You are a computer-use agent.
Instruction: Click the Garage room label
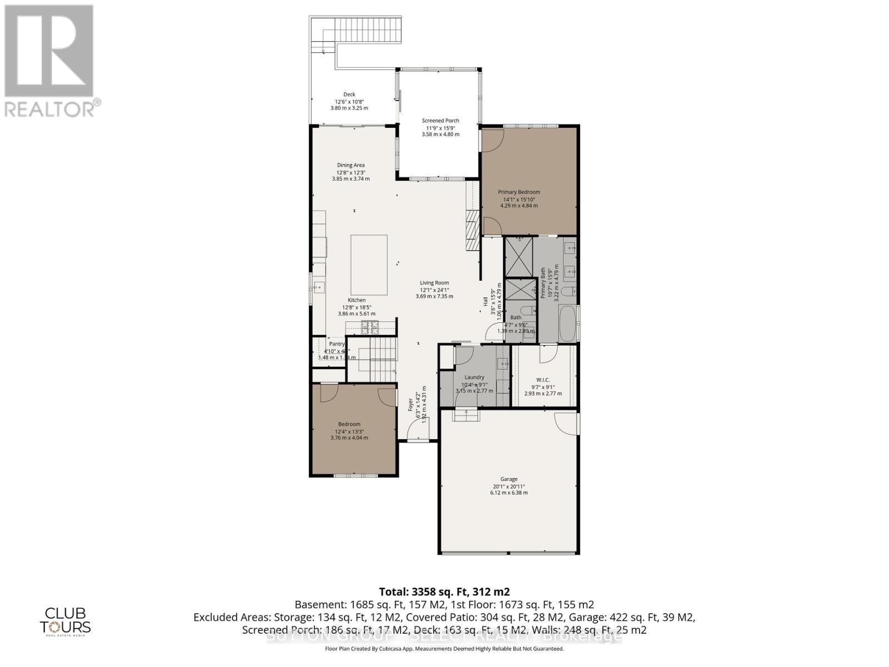point(508,479)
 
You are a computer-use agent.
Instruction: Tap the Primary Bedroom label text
point(518,192)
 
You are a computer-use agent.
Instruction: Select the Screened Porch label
point(440,121)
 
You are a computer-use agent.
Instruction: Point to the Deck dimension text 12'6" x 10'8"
point(349,101)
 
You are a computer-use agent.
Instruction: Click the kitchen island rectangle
point(369,265)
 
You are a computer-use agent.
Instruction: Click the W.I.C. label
point(543,380)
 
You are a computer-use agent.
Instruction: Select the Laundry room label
point(474,377)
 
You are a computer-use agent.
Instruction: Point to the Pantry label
point(337,344)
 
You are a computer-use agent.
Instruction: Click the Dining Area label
point(351,165)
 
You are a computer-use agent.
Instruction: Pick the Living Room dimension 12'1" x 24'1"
point(434,290)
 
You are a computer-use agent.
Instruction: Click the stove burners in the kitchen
point(369,327)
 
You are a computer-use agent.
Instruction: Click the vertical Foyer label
point(411,404)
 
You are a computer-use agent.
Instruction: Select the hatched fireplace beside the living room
point(472,231)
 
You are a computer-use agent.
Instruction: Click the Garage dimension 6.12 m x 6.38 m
point(508,492)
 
